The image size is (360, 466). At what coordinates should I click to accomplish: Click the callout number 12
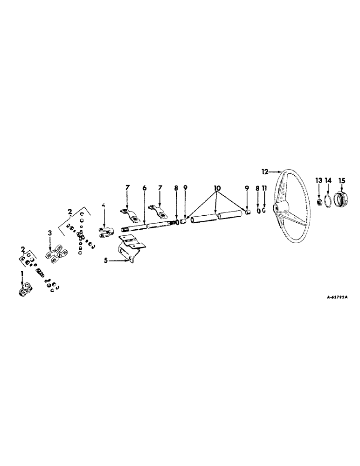point(264,172)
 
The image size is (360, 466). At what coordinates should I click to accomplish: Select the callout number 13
point(318,180)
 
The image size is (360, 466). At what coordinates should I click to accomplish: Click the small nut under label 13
point(319,202)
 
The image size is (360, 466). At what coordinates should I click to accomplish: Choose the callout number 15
point(342,180)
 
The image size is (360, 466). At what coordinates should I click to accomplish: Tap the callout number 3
point(50,232)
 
